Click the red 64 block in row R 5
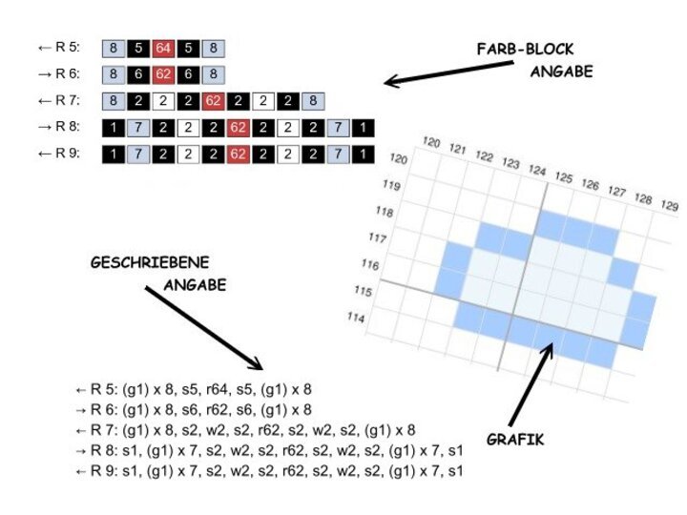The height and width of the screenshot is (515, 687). click(x=162, y=47)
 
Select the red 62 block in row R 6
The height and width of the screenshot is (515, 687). click(x=162, y=73)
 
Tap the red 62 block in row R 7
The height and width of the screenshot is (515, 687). click(x=213, y=100)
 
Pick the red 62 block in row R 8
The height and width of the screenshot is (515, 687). click(x=239, y=127)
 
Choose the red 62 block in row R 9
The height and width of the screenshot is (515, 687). click(x=239, y=154)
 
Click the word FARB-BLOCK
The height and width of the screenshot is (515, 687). click(x=526, y=49)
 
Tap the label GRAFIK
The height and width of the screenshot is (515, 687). click(x=516, y=440)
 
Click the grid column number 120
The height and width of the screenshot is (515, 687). click(x=431, y=144)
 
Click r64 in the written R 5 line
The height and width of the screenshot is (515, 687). click(x=210, y=390)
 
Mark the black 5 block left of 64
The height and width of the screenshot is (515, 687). click(x=137, y=47)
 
